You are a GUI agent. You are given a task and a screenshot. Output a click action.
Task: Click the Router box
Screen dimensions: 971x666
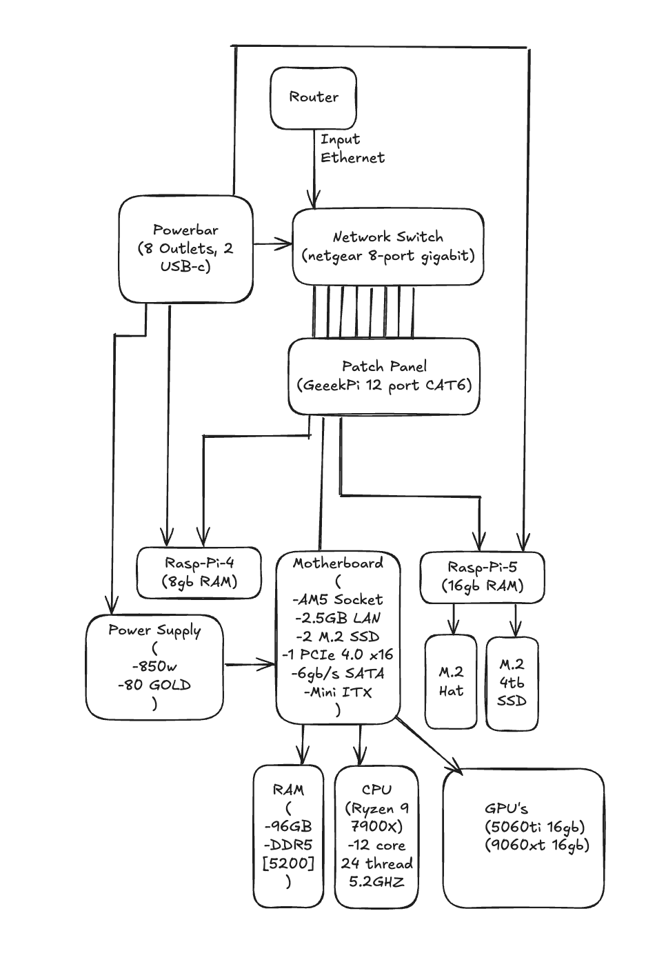314,98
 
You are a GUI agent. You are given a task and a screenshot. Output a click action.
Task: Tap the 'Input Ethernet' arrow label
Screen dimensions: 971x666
352,148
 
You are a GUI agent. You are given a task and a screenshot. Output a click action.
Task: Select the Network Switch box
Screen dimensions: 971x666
387,247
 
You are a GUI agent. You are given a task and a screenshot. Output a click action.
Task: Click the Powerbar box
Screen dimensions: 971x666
185,249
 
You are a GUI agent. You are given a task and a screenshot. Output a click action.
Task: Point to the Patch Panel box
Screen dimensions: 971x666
384,377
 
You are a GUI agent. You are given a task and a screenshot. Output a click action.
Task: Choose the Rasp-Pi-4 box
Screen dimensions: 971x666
199,572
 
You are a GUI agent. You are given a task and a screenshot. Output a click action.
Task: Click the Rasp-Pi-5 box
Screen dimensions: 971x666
482,577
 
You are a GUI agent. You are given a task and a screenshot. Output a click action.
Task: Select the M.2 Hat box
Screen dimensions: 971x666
451,681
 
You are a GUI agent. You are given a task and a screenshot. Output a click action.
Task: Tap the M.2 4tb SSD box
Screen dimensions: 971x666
512,683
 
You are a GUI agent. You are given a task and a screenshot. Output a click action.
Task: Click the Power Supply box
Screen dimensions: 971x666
154,667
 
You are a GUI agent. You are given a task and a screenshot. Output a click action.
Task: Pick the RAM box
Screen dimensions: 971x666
288,835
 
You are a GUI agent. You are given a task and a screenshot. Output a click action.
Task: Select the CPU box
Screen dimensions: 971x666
376,835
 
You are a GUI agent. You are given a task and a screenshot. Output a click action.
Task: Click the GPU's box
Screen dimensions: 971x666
523,837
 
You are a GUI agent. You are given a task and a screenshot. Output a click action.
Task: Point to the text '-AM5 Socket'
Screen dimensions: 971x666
337,600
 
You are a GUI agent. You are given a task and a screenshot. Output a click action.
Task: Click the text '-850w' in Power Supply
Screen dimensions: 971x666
154,667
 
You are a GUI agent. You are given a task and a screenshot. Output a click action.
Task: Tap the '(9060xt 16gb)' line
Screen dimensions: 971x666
537,845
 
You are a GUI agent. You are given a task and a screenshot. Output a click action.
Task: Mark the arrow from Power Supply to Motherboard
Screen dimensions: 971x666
249,665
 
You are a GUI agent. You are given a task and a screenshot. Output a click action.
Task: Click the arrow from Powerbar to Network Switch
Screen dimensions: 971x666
272,244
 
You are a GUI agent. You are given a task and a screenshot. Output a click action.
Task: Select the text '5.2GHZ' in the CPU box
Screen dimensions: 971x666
376,882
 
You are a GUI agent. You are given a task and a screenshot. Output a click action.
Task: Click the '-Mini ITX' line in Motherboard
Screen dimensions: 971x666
337,692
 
